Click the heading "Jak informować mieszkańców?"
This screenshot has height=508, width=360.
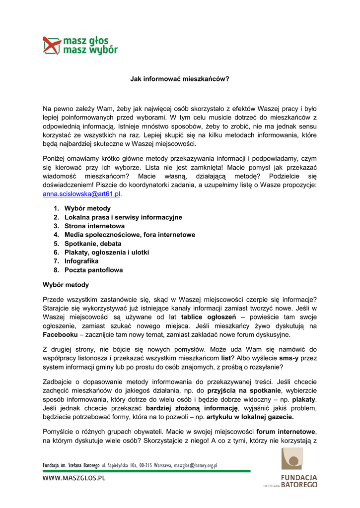point(179,78)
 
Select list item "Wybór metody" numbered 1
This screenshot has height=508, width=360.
point(87,208)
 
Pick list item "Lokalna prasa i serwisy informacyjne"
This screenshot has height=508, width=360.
point(123,217)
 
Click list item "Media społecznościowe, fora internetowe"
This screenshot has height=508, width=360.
point(130,235)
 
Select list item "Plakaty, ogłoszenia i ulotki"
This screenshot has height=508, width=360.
point(107,253)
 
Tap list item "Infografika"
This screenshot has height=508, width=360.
point(81,261)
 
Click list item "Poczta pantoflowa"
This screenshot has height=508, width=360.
point(93,270)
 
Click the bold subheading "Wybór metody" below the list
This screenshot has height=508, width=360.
point(66,285)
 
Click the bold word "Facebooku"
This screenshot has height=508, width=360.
point(62,334)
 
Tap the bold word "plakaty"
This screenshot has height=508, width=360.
point(304,399)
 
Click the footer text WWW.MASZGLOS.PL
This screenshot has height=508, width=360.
point(74,479)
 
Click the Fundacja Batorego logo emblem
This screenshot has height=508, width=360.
point(291,459)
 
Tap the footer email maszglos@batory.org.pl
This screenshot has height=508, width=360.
point(196,466)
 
